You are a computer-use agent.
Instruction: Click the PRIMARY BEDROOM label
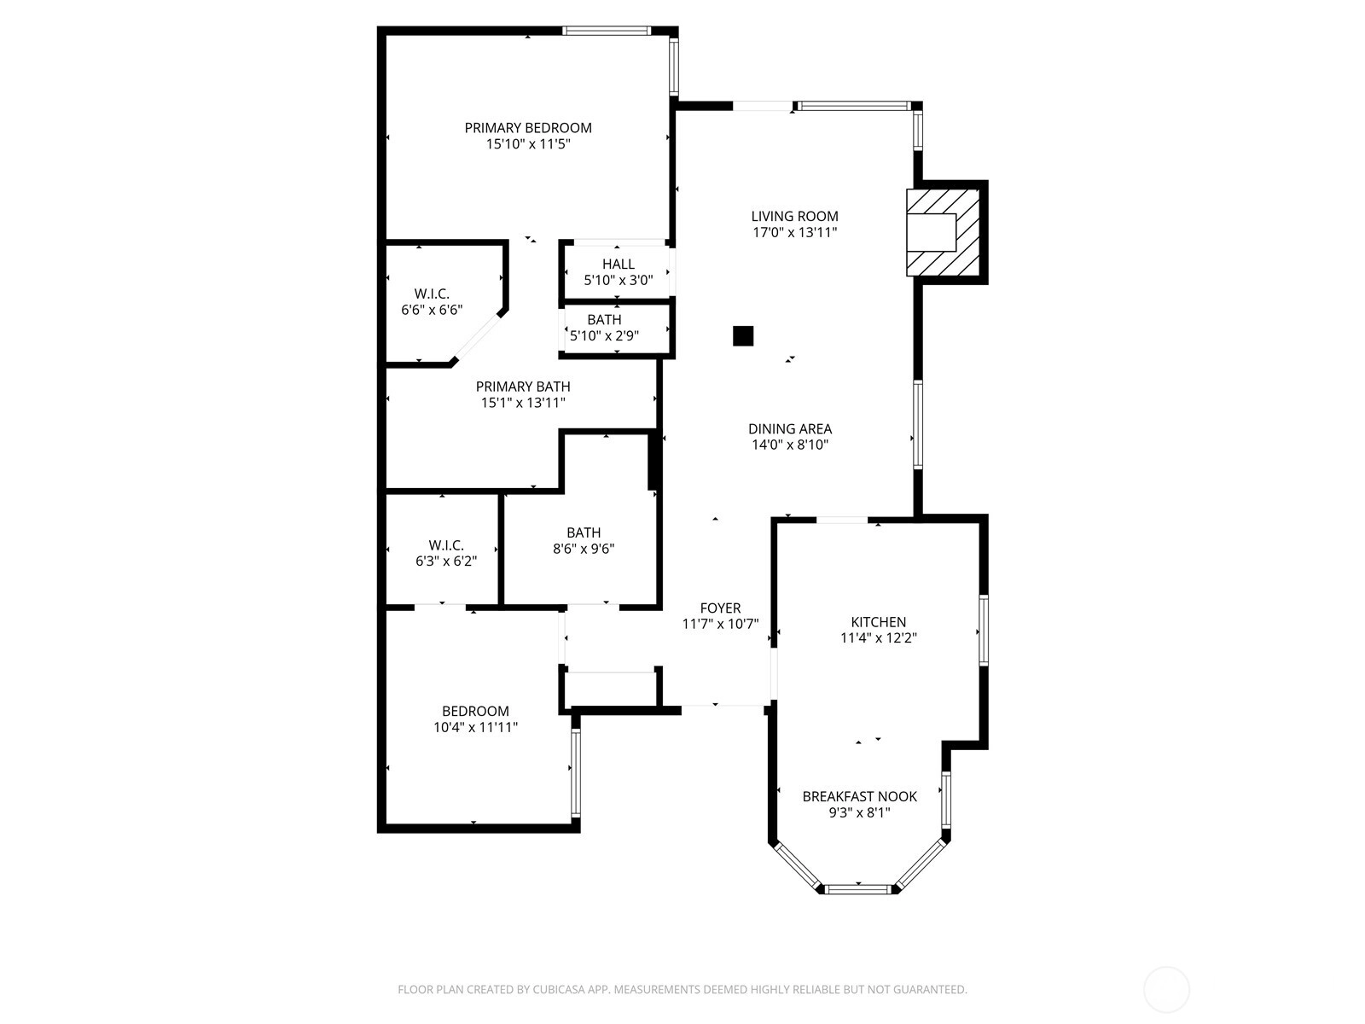point(528,128)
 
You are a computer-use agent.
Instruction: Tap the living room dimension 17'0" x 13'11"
point(795,232)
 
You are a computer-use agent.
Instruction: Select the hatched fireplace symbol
point(943,232)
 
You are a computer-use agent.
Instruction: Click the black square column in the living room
point(743,335)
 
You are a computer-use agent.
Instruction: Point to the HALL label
point(619,265)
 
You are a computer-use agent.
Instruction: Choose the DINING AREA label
point(790,429)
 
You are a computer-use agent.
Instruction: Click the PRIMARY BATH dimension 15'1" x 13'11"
point(523,403)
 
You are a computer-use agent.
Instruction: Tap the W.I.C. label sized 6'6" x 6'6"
point(432,294)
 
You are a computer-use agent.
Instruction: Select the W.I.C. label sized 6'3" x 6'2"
point(446,545)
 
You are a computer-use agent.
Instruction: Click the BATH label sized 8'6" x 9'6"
point(584,532)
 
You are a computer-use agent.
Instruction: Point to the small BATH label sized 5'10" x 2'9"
point(604,319)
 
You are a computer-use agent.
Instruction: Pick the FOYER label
point(720,608)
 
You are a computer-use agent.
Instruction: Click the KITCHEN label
point(878,622)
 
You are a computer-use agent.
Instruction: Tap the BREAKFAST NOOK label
point(859,796)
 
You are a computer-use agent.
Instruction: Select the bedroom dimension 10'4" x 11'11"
point(476,727)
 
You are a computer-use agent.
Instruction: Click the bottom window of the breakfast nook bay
point(858,889)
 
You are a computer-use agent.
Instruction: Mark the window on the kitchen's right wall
point(983,631)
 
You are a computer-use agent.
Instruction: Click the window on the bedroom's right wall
point(575,773)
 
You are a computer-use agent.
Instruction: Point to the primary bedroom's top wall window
point(607,31)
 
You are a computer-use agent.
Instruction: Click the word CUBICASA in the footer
point(559,989)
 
